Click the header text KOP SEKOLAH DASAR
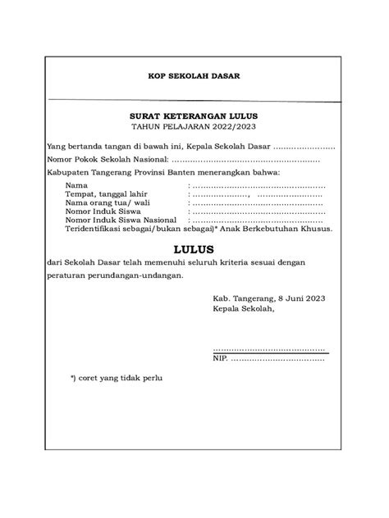[x=194, y=78]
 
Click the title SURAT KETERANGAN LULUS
[x=194, y=118]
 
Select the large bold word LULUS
[x=194, y=248]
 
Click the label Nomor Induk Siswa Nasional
[x=121, y=221]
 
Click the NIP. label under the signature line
[x=220, y=358]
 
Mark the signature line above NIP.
[x=268, y=350]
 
